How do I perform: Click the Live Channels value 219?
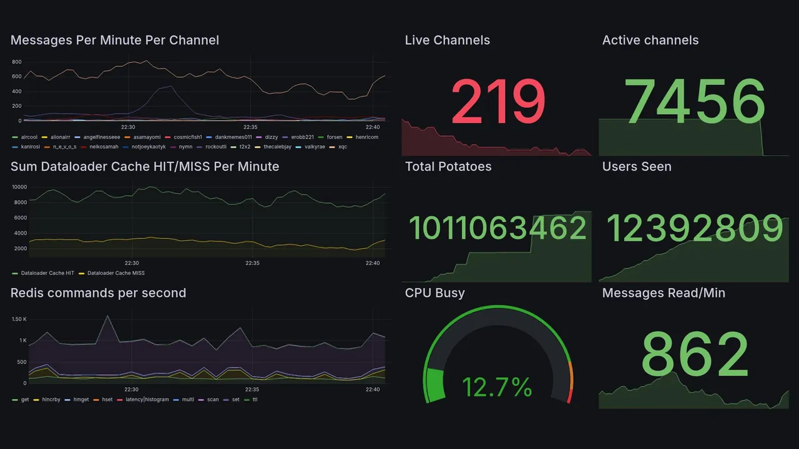(x=498, y=102)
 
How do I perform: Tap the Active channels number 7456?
(x=694, y=102)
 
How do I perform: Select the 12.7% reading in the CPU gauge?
(x=497, y=387)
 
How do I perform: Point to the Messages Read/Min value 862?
(x=694, y=354)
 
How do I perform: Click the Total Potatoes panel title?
(x=448, y=167)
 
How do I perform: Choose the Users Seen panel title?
(x=636, y=167)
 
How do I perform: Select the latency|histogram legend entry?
(x=147, y=400)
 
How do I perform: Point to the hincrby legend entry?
(x=51, y=400)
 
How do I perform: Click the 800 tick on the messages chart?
(x=16, y=62)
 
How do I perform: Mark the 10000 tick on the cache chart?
(x=19, y=187)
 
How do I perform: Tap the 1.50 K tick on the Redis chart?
(x=19, y=319)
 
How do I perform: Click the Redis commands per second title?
(x=98, y=293)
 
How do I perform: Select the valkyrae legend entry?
(x=313, y=147)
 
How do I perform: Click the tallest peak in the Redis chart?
(x=107, y=316)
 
